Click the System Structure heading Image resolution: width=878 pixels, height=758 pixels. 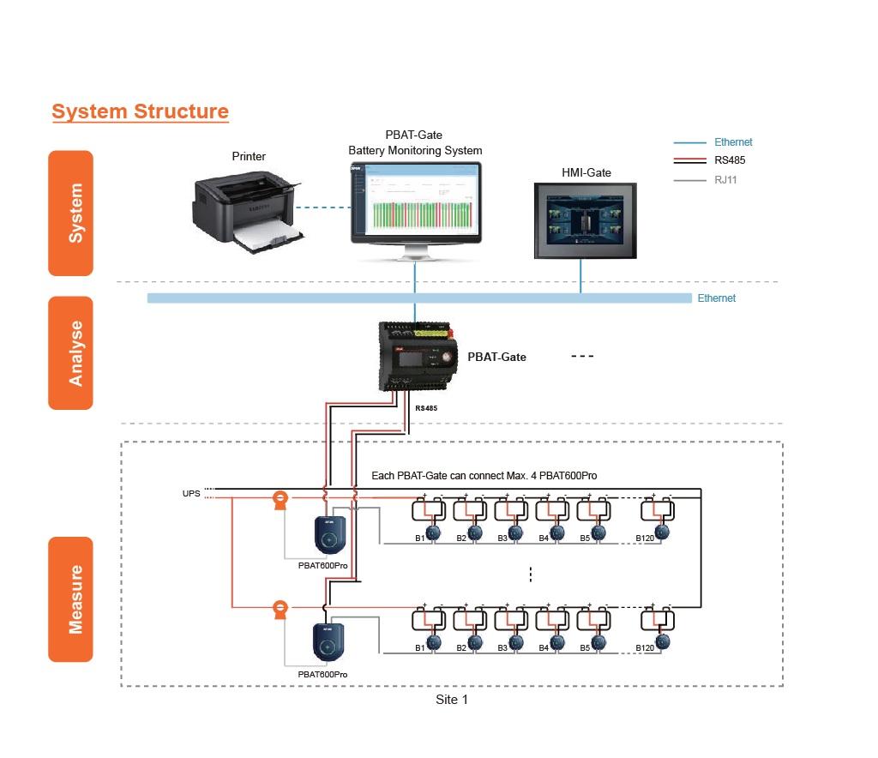pos(140,111)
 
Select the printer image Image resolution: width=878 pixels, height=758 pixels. pos(245,210)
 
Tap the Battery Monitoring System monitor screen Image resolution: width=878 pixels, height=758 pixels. pos(416,205)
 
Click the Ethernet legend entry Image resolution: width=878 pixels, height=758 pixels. pos(733,142)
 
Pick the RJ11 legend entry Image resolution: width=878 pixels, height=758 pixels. pos(725,180)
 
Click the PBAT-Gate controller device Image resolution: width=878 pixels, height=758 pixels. pos(419,356)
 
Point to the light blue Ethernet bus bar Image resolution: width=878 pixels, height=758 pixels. pos(419,298)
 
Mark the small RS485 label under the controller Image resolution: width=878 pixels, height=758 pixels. pos(426,409)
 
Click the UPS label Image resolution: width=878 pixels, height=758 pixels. pos(191,494)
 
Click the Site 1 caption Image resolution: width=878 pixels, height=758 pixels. pos(452,700)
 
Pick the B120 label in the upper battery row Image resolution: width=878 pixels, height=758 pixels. pos(645,538)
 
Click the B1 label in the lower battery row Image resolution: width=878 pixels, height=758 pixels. pos(420,648)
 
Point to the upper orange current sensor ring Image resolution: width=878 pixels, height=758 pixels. pos(279,500)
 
